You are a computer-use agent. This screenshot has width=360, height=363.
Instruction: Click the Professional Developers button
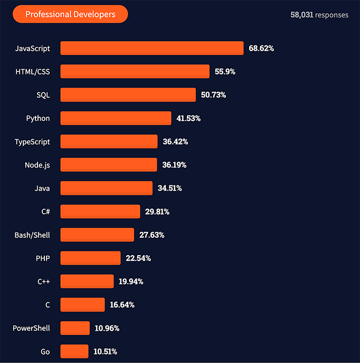coord(70,14)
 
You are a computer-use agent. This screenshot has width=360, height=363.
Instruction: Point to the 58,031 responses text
coord(319,15)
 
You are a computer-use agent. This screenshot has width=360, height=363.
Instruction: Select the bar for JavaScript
coord(152,48)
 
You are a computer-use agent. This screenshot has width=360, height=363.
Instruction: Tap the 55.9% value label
coord(225,71)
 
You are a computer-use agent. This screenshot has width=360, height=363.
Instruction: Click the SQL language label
coord(43,95)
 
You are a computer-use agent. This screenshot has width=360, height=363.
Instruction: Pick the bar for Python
coord(116,118)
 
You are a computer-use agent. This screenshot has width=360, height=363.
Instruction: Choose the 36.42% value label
coord(175,142)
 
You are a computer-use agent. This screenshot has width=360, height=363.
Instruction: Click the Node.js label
coord(37,165)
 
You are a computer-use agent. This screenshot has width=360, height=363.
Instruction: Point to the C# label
coord(45,211)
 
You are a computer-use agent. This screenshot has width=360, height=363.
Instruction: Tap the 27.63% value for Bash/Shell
coord(151,235)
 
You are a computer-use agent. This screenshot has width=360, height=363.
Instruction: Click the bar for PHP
coord(90,258)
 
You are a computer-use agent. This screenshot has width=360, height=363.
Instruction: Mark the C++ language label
coord(43,282)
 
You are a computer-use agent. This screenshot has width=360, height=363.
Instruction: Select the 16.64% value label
coord(122,305)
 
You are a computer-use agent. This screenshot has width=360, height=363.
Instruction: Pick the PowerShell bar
coord(75,328)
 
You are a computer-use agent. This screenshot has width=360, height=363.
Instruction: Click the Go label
coord(45,351)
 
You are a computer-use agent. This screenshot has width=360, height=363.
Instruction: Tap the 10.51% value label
coord(106,351)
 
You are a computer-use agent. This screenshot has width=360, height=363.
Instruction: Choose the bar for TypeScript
coord(109,142)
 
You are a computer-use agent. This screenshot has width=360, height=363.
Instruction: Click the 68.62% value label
coord(261,48)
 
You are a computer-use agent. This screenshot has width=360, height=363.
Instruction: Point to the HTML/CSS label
coord(33,71)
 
